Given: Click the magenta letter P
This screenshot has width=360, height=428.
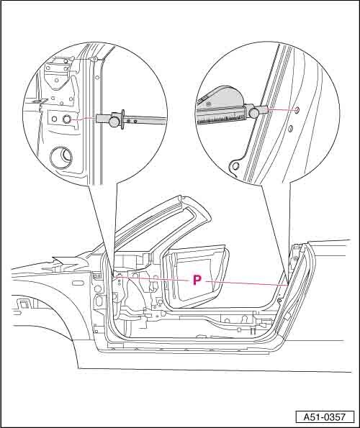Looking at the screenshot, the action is click(197, 280).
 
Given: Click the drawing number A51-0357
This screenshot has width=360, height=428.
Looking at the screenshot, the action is click(325, 417).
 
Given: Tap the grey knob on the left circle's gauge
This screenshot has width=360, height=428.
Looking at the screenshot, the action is click(114, 121).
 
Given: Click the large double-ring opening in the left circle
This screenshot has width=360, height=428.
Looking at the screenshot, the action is click(61, 157).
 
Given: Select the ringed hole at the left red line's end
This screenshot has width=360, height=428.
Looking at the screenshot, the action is click(67, 119).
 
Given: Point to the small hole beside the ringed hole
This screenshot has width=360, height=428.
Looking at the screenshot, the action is click(54, 119).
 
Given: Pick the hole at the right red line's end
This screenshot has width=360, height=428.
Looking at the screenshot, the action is click(297, 110).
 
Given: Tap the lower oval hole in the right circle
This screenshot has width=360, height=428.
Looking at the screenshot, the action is click(291, 128).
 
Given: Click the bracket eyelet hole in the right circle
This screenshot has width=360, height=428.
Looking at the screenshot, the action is click(235, 165).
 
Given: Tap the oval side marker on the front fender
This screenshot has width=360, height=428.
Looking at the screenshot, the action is click(77, 283).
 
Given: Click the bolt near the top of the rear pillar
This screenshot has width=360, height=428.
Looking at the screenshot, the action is click(297, 258).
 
